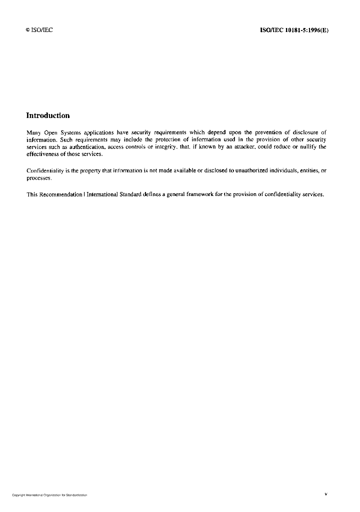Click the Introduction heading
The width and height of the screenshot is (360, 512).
[48, 115]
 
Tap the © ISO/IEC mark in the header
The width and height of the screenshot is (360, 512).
[39, 30]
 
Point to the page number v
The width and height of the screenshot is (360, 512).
[326, 494]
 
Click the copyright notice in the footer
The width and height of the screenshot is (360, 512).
[49, 495]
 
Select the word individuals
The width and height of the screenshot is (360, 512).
[283, 171]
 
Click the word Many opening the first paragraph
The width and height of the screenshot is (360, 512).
[33, 132]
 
